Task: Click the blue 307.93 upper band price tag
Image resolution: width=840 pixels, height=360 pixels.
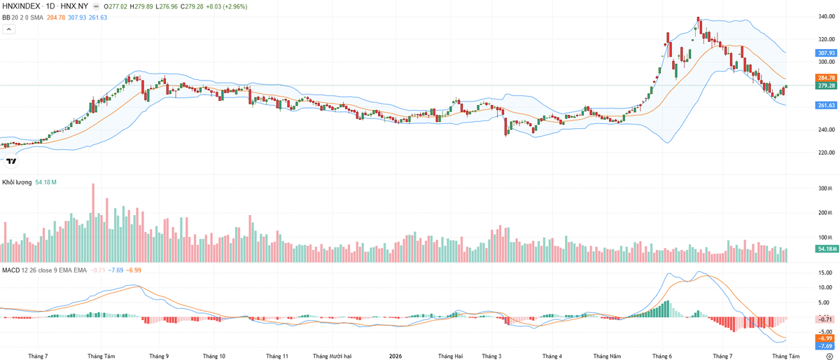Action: pos(826,53)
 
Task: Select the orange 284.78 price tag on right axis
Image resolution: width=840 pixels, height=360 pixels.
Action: pos(826,78)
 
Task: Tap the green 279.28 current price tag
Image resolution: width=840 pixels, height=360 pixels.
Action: pos(826,85)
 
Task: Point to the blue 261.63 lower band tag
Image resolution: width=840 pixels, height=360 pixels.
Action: pos(826,105)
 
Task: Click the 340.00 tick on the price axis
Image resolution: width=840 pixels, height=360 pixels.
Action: pos(827,17)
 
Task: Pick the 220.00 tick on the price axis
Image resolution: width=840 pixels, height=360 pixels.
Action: pos(827,153)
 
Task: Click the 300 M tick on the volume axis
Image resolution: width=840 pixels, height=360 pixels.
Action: pos(825,188)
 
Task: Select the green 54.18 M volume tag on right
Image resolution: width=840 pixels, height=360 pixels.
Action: pos(826,249)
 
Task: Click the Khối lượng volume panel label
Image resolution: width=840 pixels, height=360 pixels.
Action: pos(17,182)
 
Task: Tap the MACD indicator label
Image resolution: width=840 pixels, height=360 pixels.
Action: pos(11,270)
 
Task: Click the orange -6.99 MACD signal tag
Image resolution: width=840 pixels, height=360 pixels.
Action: pos(826,338)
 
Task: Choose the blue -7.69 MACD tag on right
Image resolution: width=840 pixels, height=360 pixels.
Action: pos(826,346)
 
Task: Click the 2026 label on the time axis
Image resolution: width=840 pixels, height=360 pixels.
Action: pos(395,356)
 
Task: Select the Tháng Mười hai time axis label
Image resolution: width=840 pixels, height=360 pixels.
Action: pos(332,356)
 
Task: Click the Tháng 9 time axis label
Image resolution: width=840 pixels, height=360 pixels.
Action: pos(159,356)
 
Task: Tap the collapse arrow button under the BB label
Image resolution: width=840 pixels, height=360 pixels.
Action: pos(9,29)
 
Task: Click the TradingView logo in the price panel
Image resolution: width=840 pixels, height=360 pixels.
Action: pos(12,161)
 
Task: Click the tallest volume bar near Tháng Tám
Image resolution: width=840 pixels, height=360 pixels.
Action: pos(93,223)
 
